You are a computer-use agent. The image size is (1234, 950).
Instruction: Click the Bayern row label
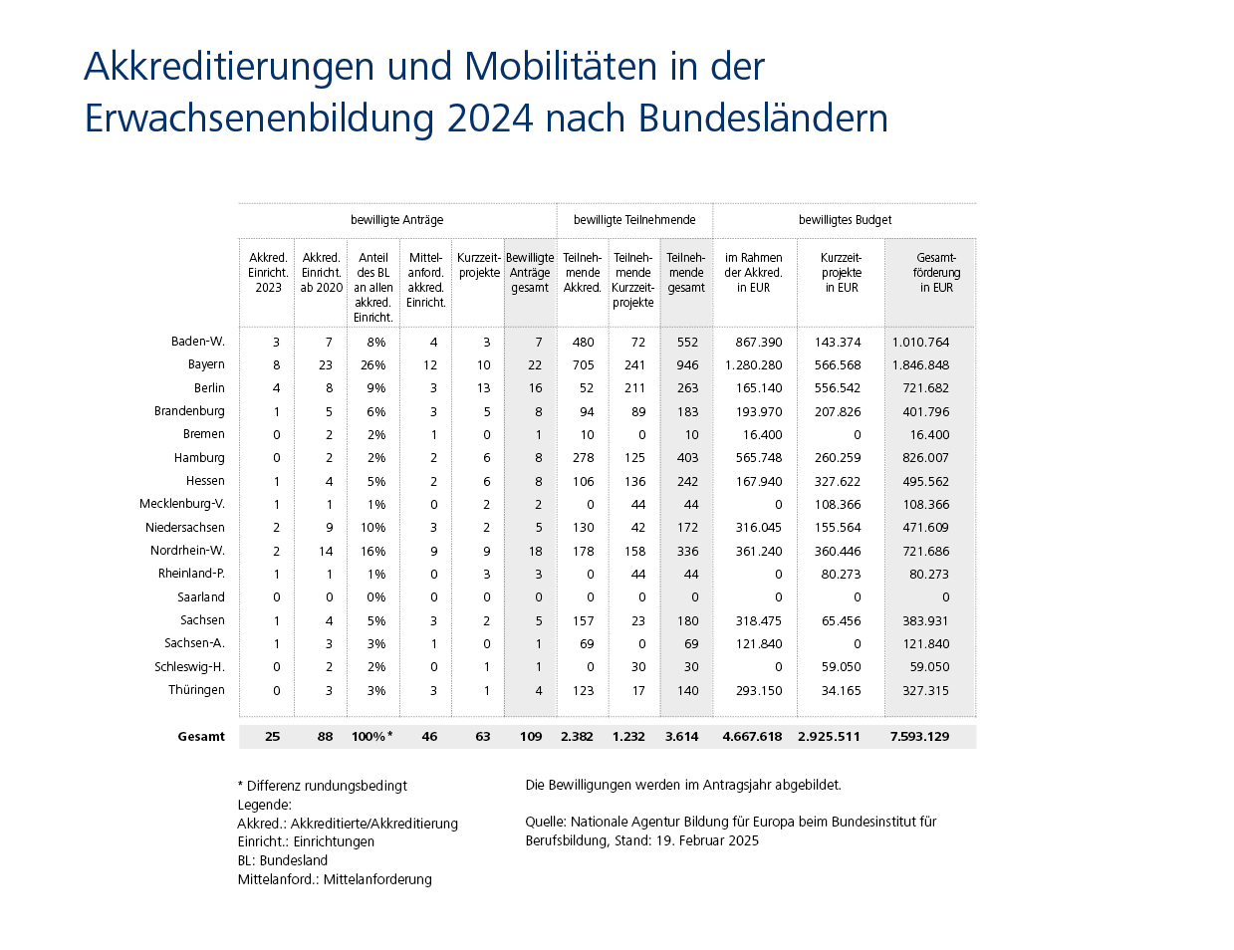pyautogui.click(x=206, y=364)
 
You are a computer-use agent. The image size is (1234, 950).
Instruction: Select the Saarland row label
pyautogui.click(x=201, y=597)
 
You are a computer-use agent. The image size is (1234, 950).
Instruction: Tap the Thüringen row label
pyautogui.click(x=196, y=690)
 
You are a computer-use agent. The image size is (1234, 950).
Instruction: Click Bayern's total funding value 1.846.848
pyautogui.click(x=920, y=365)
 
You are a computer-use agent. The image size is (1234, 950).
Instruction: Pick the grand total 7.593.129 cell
pyautogui.click(x=919, y=737)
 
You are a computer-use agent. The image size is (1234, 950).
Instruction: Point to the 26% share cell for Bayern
pyautogui.click(x=372, y=365)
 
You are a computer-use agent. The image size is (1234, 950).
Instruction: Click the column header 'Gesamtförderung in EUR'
pyautogui.click(x=936, y=273)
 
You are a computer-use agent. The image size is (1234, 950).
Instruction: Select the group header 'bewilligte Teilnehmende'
pyautogui.click(x=634, y=220)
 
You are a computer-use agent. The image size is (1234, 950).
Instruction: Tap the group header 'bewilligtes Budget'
pyautogui.click(x=845, y=220)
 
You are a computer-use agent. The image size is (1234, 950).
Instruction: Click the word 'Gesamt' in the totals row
pyautogui.click(x=201, y=737)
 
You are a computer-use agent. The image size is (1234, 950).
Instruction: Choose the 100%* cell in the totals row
pyautogui.click(x=371, y=737)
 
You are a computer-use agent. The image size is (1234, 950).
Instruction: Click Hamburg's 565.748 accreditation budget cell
pyautogui.click(x=759, y=458)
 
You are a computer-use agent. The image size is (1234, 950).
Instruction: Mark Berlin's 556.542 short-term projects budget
pyautogui.click(x=837, y=388)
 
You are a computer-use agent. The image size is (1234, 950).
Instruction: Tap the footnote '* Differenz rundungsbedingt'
pyautogui.click(x=323, y=786)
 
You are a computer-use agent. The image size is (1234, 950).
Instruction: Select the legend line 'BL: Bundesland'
pyautogui.click(x=283, y=860)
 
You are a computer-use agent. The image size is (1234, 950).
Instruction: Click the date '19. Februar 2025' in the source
pyautogui.click(x=707, y=840)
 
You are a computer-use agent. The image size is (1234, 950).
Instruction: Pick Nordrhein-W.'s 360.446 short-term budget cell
pyautogui.click(x=837, y=552)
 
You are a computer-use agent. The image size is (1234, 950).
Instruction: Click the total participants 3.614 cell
pyautogui.click(x=682, y=737)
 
